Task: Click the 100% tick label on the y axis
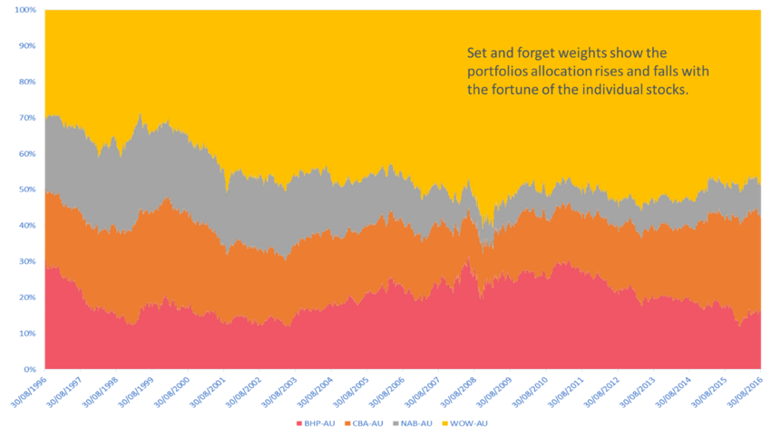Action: [x=25, y=10]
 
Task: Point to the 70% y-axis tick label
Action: [x=27, y=118]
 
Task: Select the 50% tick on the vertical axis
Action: [x=27, y=189]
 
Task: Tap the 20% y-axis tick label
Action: [x=27, y=297]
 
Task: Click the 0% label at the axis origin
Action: [x=29, y=369]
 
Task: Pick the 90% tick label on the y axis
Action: [x=27, y=46]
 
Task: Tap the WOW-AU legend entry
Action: [x=467, y=423]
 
